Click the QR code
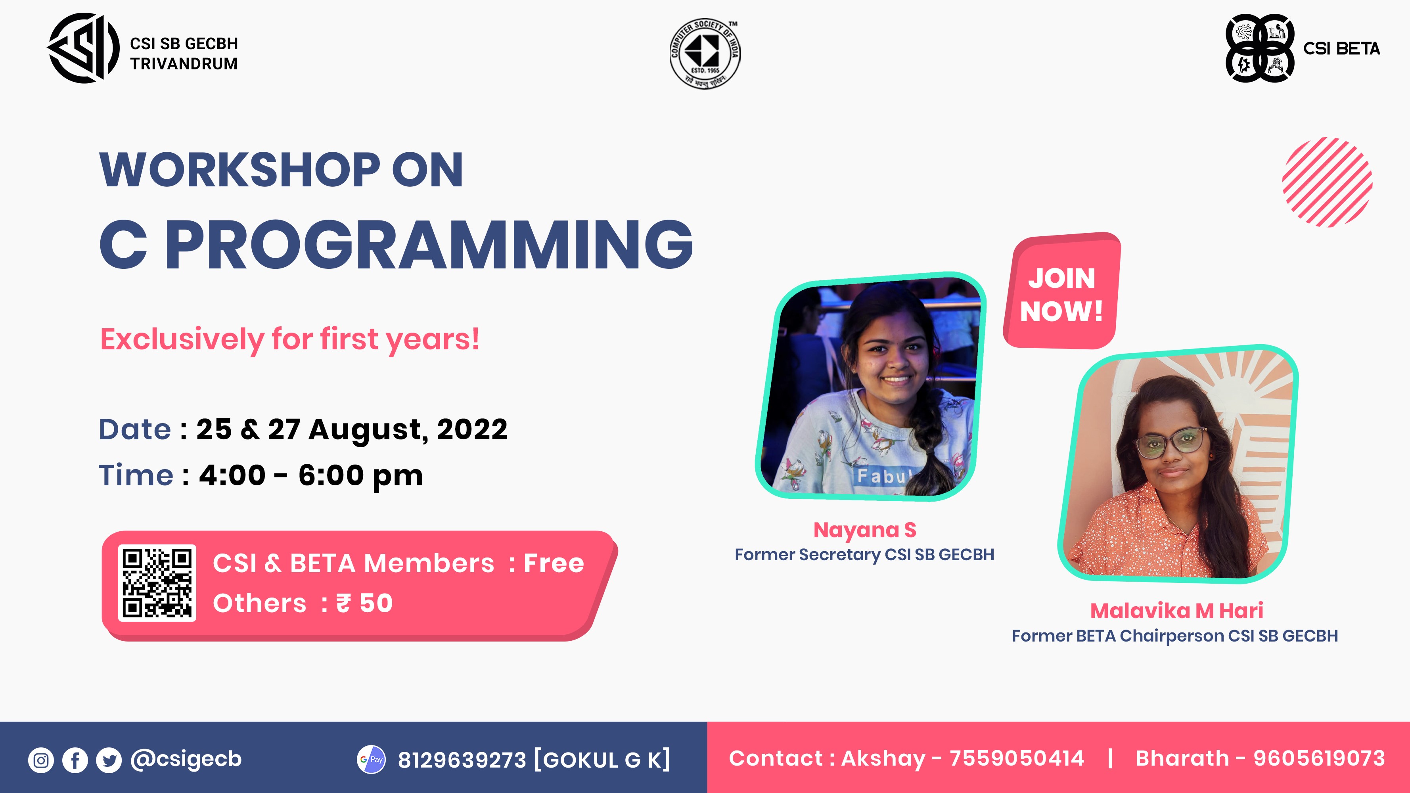tap(157, 583)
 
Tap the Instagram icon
tap(41, 760)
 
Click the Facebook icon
tap(75, 760)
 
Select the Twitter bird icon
tap(109, 760)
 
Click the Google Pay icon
tap(371, 759)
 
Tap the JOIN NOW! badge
tap(1062, 291)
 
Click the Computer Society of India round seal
tap(705, 53)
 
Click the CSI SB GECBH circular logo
tap(83, 48)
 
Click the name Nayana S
tap(864, 530)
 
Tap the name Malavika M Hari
tap(1176, 610)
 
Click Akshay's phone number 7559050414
tap(1016, 759)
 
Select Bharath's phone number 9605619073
tap(1319, 759)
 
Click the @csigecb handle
tap(186, 759)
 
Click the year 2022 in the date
tap(472, 429)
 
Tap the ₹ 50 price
tap(364, 603)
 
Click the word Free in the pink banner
tap(554, 563)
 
